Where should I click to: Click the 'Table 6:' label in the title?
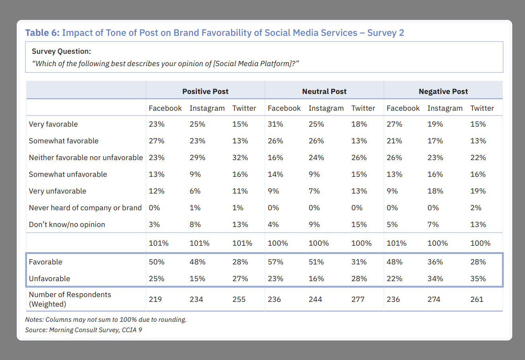coord(42,33)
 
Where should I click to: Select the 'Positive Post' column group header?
coord(205,92)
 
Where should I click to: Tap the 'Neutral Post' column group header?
coord(324,92)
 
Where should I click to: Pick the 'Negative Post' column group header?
coord(443,92)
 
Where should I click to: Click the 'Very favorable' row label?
coord(53,124)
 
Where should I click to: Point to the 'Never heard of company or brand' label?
coord(85,208)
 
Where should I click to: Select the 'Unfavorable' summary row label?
coord(49,279)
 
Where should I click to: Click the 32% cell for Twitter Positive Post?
coord(240,158)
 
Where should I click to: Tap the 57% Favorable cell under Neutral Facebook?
coord(275,262)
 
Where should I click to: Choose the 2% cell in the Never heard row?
coord(476,208)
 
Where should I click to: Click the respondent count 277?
coord(358,299)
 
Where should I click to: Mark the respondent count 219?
coord(155,299)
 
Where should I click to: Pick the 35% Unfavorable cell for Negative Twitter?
coord(478,279)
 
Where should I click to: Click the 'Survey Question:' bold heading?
coord(61,51)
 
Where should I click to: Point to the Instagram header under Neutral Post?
coord(326,108)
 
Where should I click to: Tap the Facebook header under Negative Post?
coord(403,108)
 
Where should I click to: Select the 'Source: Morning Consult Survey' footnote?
coord(84,330)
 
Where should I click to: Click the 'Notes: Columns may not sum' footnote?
coord(106,319)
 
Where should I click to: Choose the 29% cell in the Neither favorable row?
coord(197,158)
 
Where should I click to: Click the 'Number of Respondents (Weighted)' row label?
coord(70,299)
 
